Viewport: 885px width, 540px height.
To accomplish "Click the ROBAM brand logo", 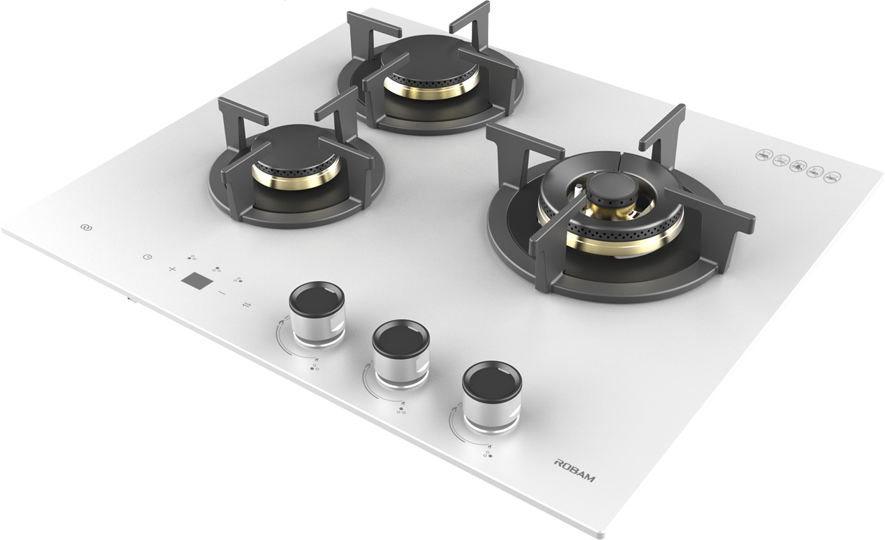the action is pos(575,470).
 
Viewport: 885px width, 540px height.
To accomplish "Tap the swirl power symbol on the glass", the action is pos(86,228).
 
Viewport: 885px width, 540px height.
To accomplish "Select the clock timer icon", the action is pos(148,257).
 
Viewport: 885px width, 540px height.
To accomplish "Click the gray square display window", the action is pos(197,280).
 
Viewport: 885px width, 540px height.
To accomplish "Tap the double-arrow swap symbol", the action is pos(247,305).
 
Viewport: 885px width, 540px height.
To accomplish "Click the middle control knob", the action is pos(401,353).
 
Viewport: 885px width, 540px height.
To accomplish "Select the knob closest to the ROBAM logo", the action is pos(492,396).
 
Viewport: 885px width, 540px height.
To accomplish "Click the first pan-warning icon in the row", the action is pos(763,155).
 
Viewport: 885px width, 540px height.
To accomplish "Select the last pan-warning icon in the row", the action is pos(832,177).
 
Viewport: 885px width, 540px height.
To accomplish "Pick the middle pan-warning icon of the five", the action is pos(798,166).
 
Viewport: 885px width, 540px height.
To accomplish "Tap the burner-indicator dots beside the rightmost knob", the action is pos(488,454).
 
